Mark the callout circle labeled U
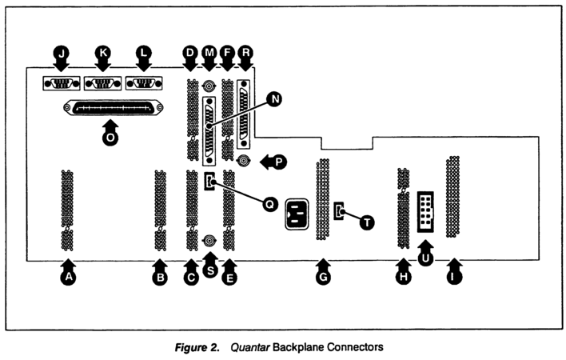tap(427, 258)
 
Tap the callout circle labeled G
tap(323, 278)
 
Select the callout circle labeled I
tap(456, 278)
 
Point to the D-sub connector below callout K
tap(102, 82)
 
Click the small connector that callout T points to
tap(339, 211)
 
